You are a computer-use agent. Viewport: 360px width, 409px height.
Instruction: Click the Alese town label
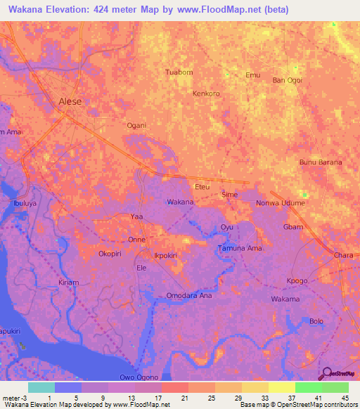pos(70,101)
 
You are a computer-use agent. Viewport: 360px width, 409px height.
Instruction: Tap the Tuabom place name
pos(178,72)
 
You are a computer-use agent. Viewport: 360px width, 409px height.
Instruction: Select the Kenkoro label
pos(206,93)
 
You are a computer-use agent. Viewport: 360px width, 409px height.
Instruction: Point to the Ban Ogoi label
pos(288,80)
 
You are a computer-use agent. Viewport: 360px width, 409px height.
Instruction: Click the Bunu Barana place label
pos(321,162)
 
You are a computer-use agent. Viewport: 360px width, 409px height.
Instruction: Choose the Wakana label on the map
pos(180,202)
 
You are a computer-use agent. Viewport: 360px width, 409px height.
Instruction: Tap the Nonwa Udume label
pos(281,203)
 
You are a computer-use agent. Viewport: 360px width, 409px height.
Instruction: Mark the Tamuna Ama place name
pos(240,249)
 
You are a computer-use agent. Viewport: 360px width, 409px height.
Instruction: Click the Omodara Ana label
pos(188,295)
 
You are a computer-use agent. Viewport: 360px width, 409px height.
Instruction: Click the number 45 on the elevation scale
pos(345,398)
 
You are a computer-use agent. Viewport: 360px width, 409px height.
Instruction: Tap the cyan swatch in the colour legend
pos(41,387)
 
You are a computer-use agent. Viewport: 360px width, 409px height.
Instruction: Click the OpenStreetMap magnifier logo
pos(325,373)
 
